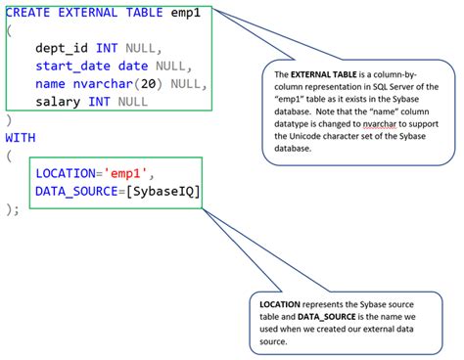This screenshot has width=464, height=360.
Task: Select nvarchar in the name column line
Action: tap(112, 83)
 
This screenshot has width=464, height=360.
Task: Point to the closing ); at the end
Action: tap(13, 209)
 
